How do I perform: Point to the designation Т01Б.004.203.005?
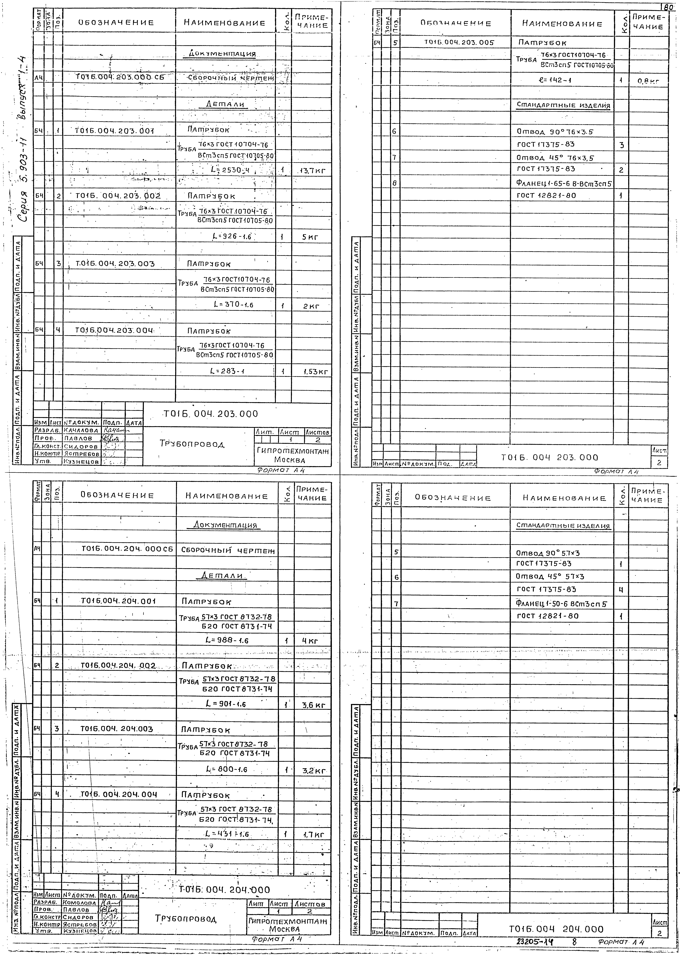pos(459,42)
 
